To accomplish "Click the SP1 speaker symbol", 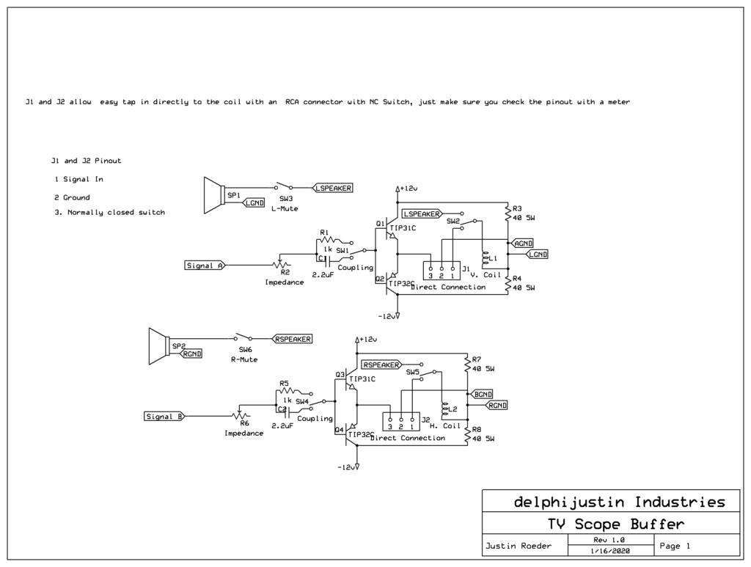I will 213,195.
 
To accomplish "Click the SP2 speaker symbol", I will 159,345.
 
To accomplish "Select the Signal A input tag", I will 205,266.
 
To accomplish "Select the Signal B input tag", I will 164,417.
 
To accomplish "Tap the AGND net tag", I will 524,242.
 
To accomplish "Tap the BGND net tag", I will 483,394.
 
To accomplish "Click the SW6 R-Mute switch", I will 245,338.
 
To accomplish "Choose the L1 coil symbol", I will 484,259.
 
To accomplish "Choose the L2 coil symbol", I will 443,410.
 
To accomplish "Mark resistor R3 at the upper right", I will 508,213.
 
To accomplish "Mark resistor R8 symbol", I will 467,435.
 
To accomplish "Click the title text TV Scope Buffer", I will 615,524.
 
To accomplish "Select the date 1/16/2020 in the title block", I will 608,551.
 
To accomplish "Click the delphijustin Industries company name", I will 619,502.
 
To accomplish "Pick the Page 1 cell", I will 675,546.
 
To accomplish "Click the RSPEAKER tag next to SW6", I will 293,339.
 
